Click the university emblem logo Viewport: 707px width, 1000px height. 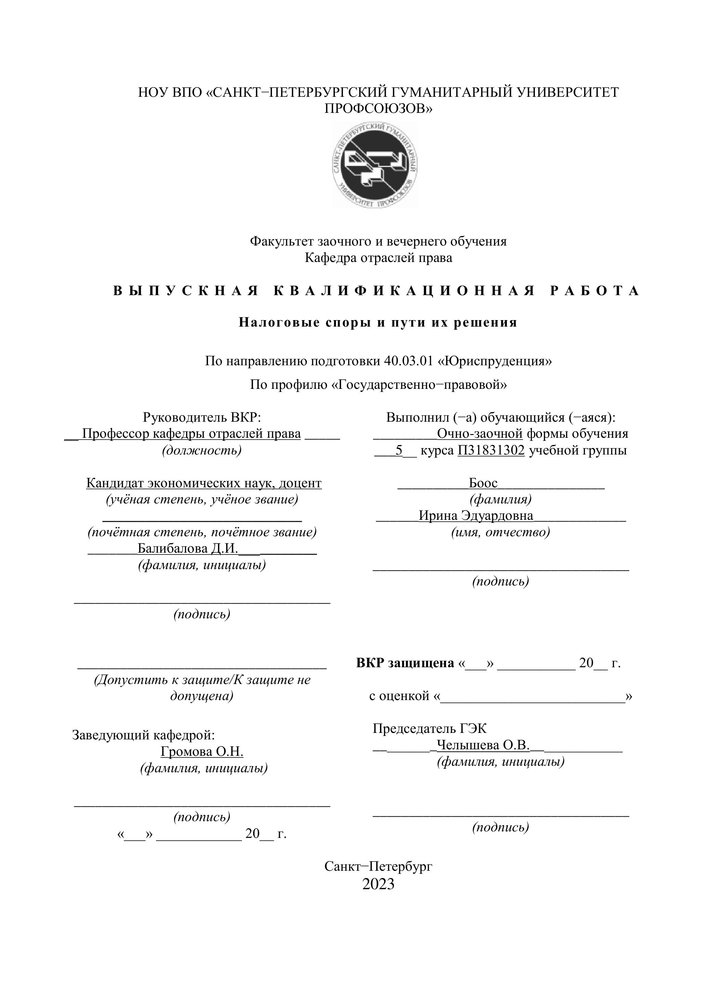pyautogui.click(x=375, y=164)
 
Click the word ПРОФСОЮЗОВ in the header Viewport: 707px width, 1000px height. pyautogui.click(x=378, y=108)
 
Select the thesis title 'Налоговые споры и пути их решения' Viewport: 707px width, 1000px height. pyautogui.click(x=378, y=323)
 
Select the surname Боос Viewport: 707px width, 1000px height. pyautogui.click(x=483, y=483)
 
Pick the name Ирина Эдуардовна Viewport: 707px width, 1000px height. pyautogui.click(x=476, y=516)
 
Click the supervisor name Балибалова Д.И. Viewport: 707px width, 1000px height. pyautogui.click(x=188, y=549)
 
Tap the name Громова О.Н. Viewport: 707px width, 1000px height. pyautogui.click(x=202, y=752)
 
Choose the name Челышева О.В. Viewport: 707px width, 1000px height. pyautogui.click(x=483, y=745)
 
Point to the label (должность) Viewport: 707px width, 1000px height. pyautogui.click(x=202, y=450)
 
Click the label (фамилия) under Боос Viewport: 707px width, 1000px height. pyautogui.click(x=500, y=499)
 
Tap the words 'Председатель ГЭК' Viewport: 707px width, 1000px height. pyautogui.click(x=430, y=729)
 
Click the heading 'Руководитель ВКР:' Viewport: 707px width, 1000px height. pyautogui.click(x=202, y=417)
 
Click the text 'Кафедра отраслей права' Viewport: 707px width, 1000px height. pyautogui.click(x=378, y=258)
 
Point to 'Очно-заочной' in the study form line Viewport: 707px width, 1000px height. pyautogui.click(x=480, y=434)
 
